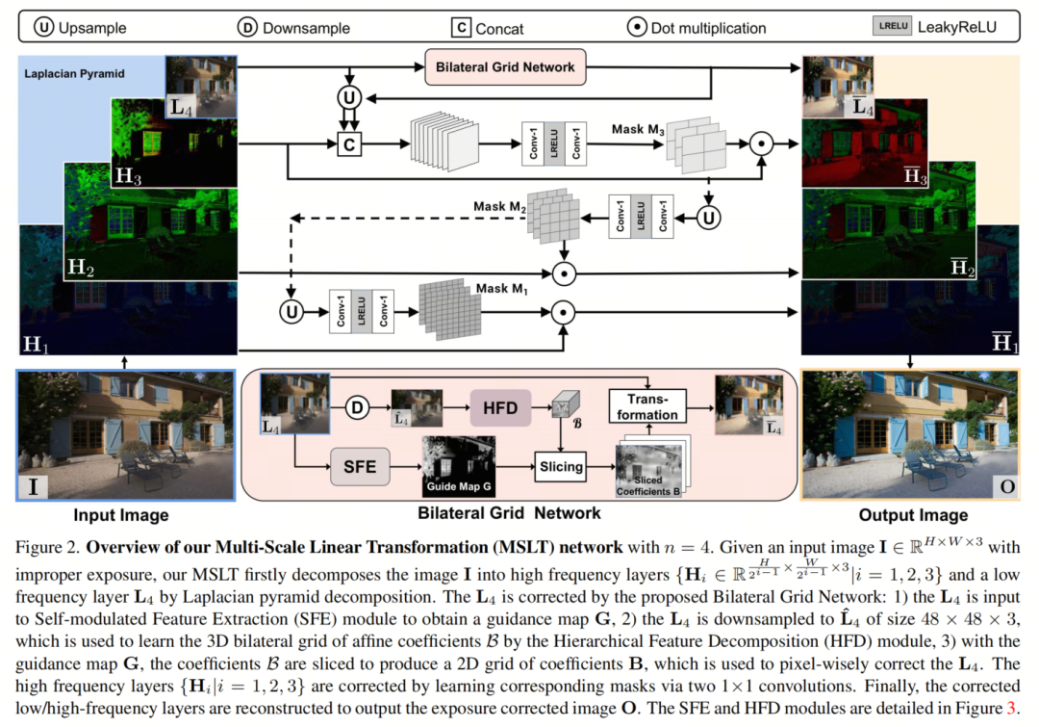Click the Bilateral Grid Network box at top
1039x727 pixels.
click(505, 67)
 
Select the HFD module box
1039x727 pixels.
click(500, 408)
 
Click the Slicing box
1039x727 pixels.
click(561, 467)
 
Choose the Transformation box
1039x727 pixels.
click(647, 406)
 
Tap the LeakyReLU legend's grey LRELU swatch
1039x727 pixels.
click(892, 27)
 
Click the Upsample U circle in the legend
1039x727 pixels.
click(44, 27)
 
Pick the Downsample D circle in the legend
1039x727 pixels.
click(247, 27)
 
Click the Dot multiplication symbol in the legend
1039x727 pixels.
click(637, 27)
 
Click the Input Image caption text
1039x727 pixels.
click(121, 515)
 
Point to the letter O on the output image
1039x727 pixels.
click(1007, 486)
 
